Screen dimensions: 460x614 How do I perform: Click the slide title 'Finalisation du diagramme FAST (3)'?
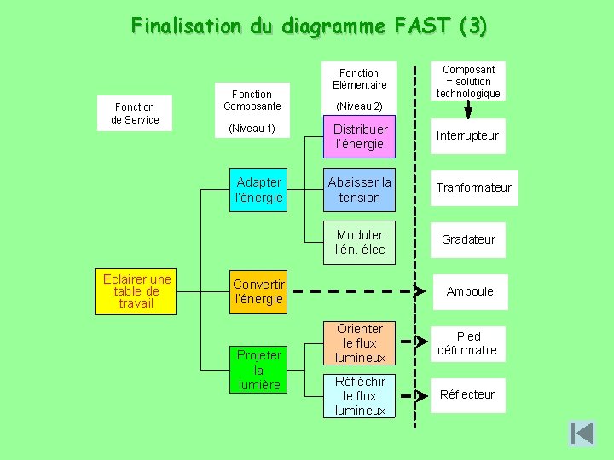click(309, 26)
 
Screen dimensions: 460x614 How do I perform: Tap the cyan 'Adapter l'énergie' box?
click(259, 190)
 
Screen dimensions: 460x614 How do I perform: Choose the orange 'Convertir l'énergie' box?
click(258, 292)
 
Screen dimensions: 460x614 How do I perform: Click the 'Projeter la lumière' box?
click(258, 370)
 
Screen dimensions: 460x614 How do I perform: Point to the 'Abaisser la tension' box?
click(360, 190)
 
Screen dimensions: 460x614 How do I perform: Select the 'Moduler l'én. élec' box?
click(360, 243)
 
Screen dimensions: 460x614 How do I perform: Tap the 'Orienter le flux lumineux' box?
click(360, 343)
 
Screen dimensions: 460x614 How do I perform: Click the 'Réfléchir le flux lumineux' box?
click(360, 396)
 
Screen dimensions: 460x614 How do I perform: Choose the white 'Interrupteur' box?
click(468, 136)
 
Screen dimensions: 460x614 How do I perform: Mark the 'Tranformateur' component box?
click(474, 187)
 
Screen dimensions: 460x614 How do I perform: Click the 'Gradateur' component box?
click(468, 240)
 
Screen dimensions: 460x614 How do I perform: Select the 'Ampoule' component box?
click(470, 292)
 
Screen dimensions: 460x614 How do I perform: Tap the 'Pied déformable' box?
click(467, 344)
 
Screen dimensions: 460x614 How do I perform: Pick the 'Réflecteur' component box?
click(467, 395)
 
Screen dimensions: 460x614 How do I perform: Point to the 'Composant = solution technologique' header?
click(468, 82)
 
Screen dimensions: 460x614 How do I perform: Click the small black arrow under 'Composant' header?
click(467, 111)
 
